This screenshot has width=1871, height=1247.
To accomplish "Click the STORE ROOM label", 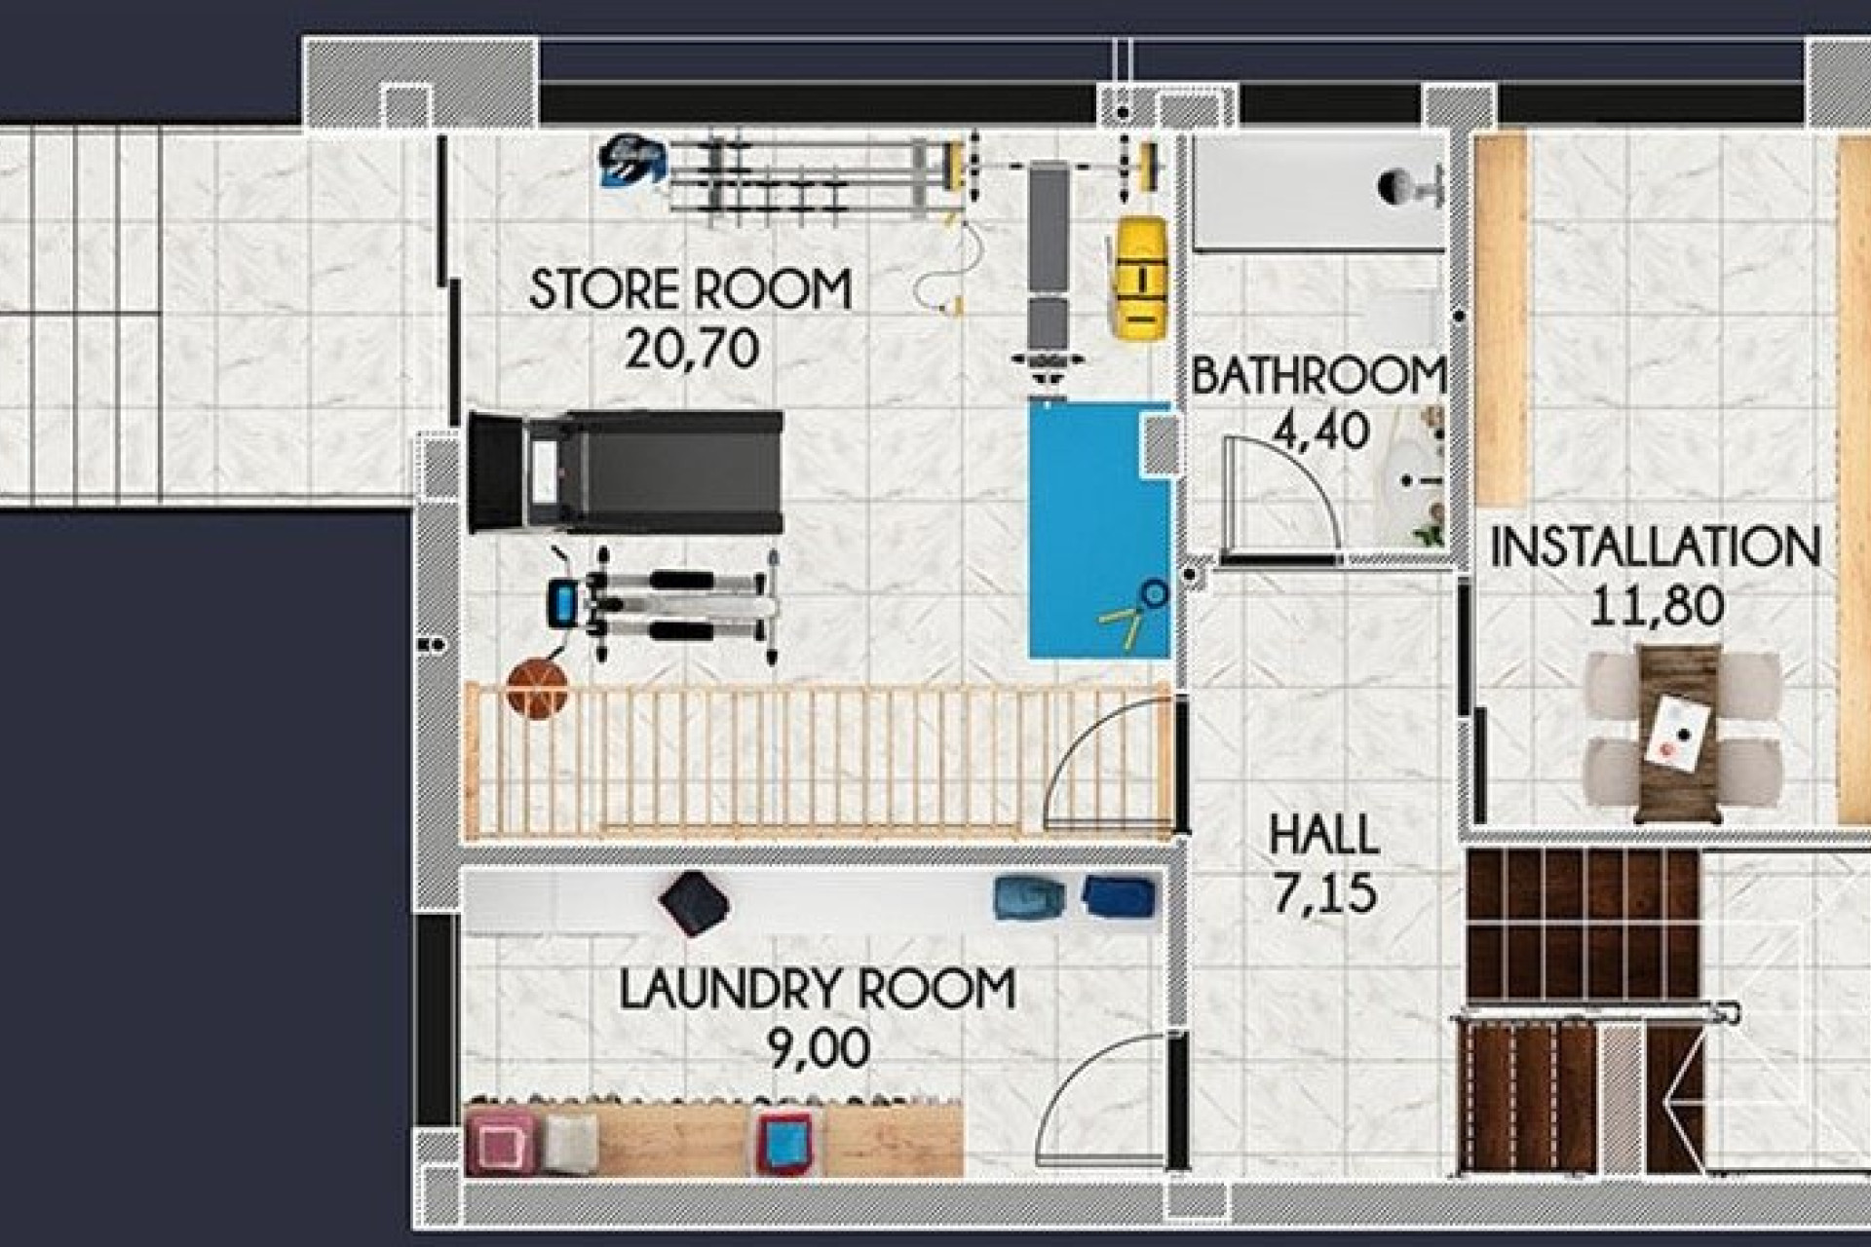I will [x=690, y=289].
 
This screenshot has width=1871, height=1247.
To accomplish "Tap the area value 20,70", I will [x=691, y=349].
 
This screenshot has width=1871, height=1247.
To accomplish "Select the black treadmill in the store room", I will [x=626, y=472].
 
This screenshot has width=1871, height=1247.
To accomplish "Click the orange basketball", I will [x=538, y=689].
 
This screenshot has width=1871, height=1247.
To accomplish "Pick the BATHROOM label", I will [x=1317, y=377].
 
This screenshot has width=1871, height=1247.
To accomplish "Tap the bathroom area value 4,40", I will [x=1321, y=431].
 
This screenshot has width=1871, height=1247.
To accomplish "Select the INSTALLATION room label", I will [x=1655, y=548].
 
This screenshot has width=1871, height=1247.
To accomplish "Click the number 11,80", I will [x=1657, y=606].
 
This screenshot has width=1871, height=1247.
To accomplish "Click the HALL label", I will [x=1323, y=836].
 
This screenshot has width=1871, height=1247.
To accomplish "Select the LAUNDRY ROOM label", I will [x=817, y=990].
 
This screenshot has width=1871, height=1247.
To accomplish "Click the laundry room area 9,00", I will [x=819, y=1049].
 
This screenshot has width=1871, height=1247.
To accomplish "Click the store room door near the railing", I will [x=1111, y=765].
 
